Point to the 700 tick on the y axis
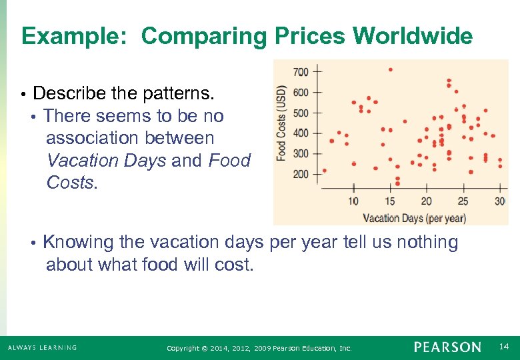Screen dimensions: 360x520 coord(301,71)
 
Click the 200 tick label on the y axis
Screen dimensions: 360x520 coord(301,174)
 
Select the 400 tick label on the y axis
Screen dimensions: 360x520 coord(301,133)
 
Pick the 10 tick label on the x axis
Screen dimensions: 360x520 coord(353,201)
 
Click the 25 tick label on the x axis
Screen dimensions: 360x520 coord(463,201)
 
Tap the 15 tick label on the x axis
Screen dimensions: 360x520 coord(389,201)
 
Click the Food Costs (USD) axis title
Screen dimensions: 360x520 coord(282,122)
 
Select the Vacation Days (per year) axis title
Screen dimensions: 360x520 coord(414,218)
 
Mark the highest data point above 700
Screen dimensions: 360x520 coord(390,69)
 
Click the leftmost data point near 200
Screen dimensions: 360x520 coord(324,170)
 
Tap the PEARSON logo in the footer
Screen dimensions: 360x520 coord(447,347)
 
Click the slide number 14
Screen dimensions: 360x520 coord(504,347)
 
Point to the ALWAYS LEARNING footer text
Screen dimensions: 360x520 coord(42,347)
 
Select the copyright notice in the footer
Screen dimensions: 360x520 coord(259,348)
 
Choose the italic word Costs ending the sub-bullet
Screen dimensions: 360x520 coord(71,183)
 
